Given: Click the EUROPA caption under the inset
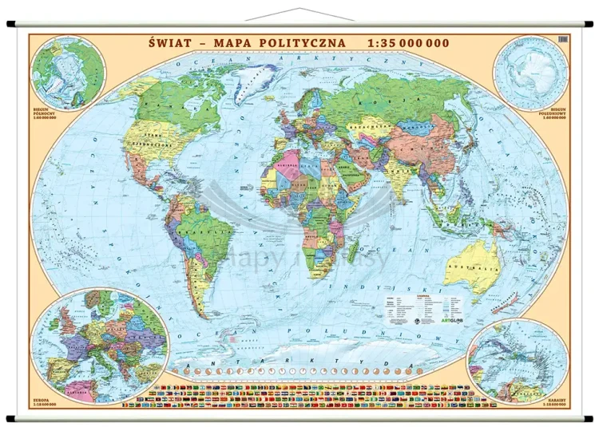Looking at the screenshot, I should (42, 397).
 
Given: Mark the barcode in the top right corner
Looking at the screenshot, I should (561, 40).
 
